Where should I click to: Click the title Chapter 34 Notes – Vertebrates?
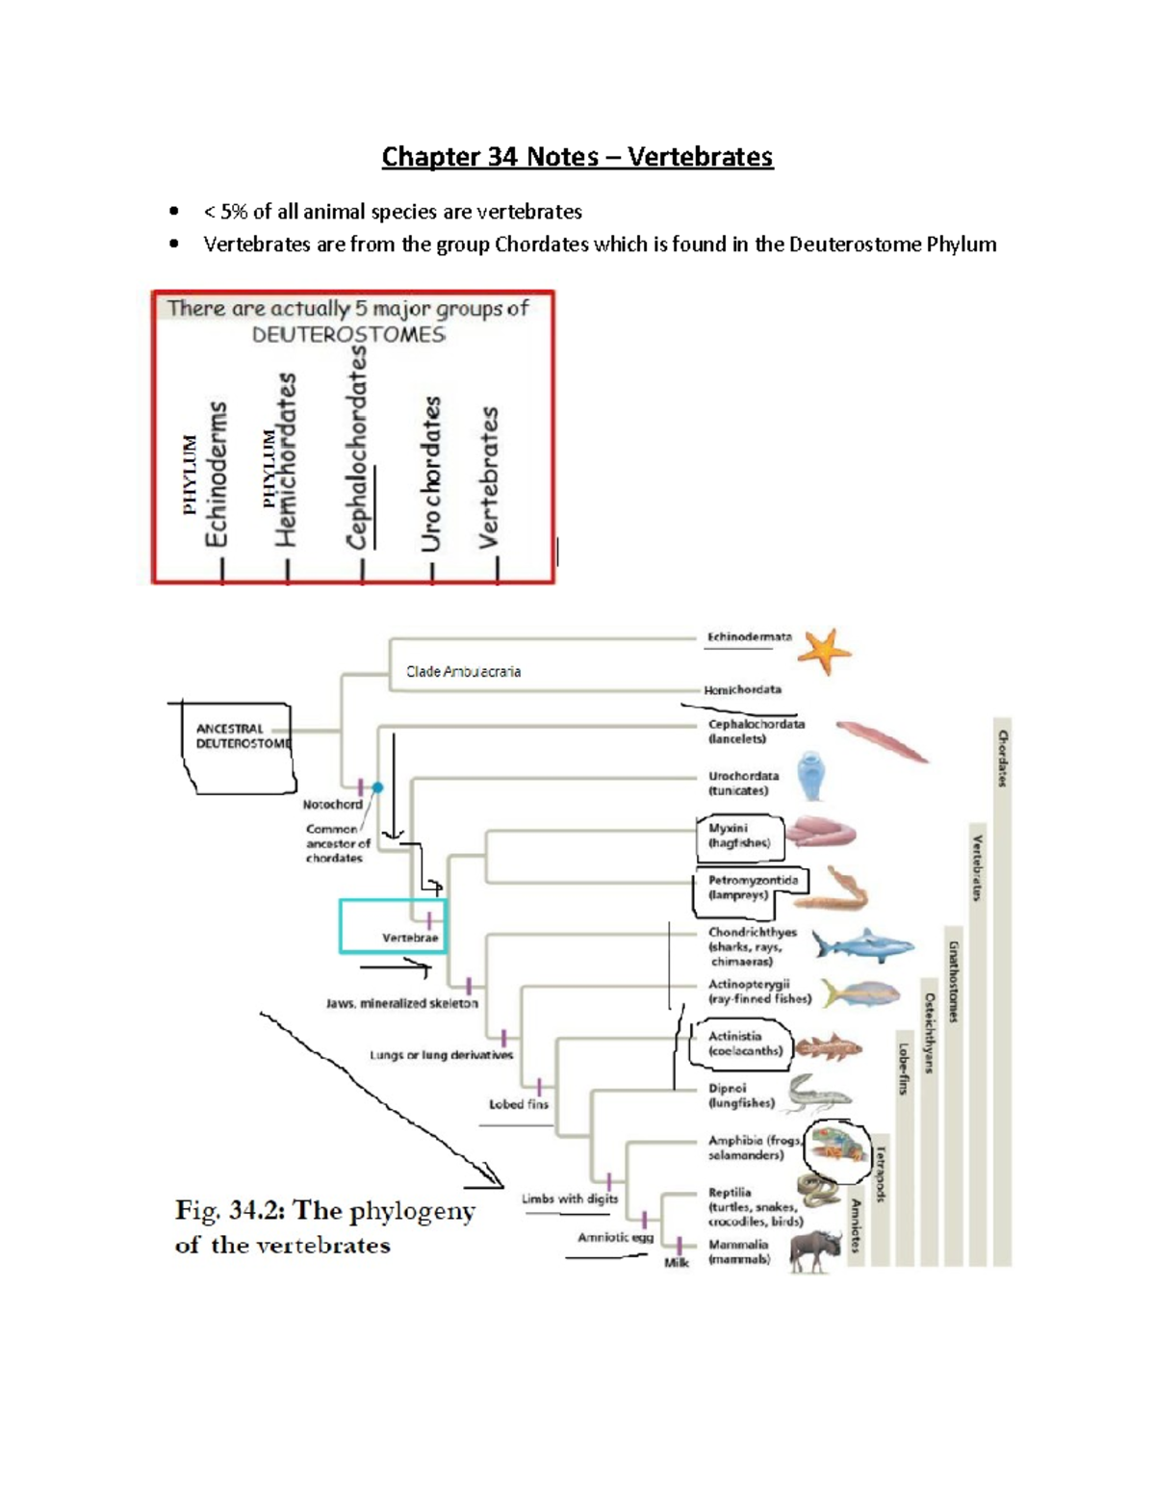tap(577, 156)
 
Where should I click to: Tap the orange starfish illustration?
tap(824, 651)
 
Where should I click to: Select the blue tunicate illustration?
tap(812, 776)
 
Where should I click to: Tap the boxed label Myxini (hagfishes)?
tap(739, 836)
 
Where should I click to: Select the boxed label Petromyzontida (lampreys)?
tap(752, 888)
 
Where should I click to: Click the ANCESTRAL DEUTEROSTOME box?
tap(242, 736)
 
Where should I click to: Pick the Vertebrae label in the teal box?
tap(410, 937)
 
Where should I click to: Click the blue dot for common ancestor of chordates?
tap(378, 787)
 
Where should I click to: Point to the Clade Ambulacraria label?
tap(463, 672)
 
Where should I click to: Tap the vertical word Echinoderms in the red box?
tap(218, 475)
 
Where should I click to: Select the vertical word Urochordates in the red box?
tap(431, 474)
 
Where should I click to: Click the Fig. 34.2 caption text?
tap(324, 1227)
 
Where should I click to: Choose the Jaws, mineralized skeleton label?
tap(402, 1003)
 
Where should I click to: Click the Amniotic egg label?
tap(615, 1237)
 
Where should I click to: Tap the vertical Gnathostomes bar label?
tap(953, 982)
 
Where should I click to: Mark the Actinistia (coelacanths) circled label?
tap(739, 1044)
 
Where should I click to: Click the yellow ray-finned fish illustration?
tap(861, 993)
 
